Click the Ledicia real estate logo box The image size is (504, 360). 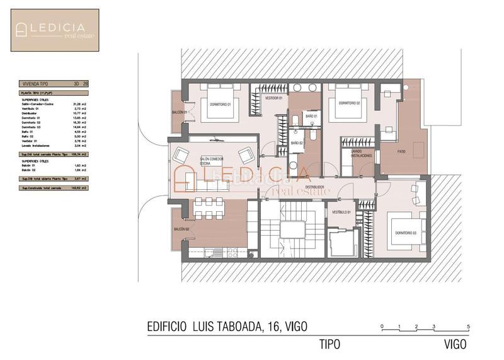55,30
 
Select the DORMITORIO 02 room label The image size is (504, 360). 348,103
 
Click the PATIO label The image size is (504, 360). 401,152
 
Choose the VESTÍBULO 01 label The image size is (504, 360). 341,211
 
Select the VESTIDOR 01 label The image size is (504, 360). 272,98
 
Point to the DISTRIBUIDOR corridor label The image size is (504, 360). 314,187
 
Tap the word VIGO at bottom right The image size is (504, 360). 454,344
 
